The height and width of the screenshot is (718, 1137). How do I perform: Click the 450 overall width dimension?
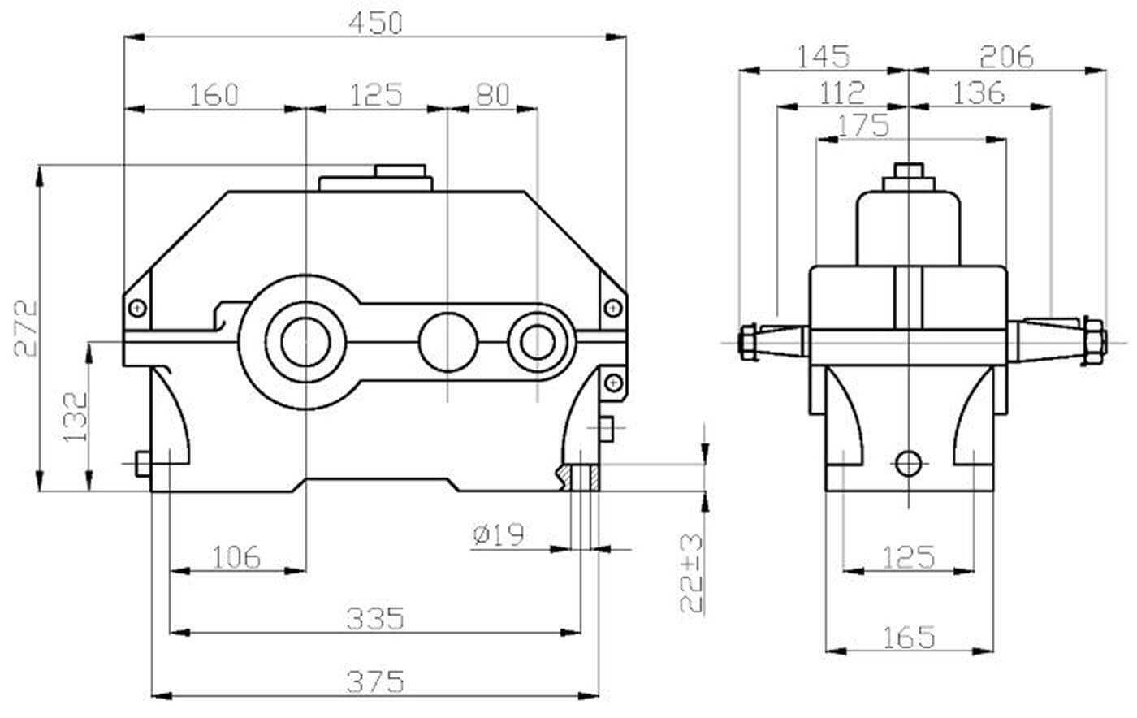click(375, 24)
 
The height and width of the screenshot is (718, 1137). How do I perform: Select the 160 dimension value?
click(214, 95)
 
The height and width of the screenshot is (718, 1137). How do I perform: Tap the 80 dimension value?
click(492, 95)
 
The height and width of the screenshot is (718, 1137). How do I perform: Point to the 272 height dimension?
click(27, 327)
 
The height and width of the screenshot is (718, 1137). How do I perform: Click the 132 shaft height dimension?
click(75, 417)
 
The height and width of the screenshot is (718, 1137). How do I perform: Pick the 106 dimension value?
click(236, 557)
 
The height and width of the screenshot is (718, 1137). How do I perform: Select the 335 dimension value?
click(375, 619)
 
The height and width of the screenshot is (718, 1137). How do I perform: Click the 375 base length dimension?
click(375, 681)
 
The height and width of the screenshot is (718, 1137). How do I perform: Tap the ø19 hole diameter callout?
click(498, 534)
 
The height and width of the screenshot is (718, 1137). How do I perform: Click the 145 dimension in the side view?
click(823, 57)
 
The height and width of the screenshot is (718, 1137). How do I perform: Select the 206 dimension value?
click(1006, 57)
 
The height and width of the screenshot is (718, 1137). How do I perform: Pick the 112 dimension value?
click(842, 93)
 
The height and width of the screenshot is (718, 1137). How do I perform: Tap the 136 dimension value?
click(979, 93)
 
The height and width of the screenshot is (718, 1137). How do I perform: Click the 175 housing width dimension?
click(862, 126)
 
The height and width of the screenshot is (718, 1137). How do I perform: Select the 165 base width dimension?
click(909, 637)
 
